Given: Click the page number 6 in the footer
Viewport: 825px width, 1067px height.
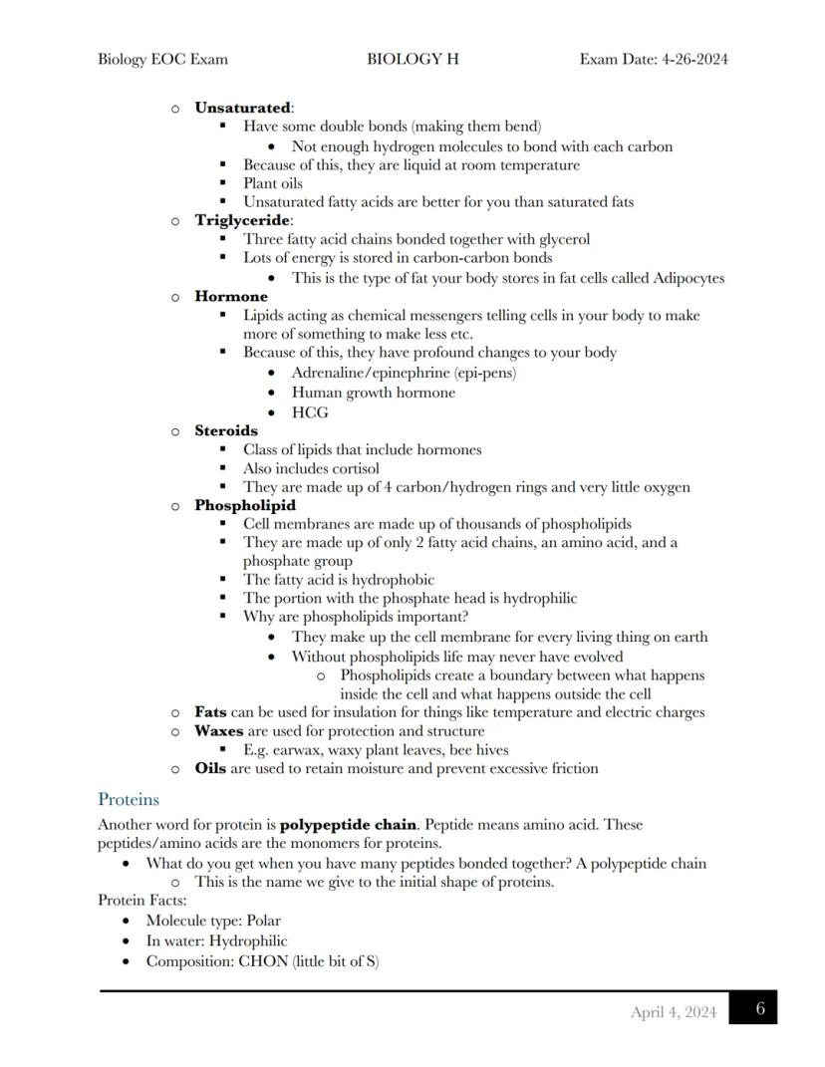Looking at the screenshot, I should [759, 1008].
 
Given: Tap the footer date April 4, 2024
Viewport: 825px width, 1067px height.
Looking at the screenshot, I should [673, 1012].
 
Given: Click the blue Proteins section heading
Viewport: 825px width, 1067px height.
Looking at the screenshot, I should [129, 799].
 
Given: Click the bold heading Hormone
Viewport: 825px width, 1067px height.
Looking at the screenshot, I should [231, 296].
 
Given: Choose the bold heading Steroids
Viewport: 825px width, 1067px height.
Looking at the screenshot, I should [226, 430].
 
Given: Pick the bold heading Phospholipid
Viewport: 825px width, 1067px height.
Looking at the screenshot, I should [245, 505].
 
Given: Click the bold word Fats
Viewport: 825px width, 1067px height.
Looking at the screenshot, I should [210, 712].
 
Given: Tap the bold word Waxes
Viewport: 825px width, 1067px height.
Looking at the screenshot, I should [219, 730].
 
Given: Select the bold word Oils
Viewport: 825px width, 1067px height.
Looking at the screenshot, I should [209, 768].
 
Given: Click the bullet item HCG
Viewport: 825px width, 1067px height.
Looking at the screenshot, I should [310, 412].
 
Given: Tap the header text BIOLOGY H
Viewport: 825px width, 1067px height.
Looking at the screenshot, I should [412, 59].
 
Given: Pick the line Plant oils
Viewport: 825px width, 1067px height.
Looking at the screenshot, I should [273, 183].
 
